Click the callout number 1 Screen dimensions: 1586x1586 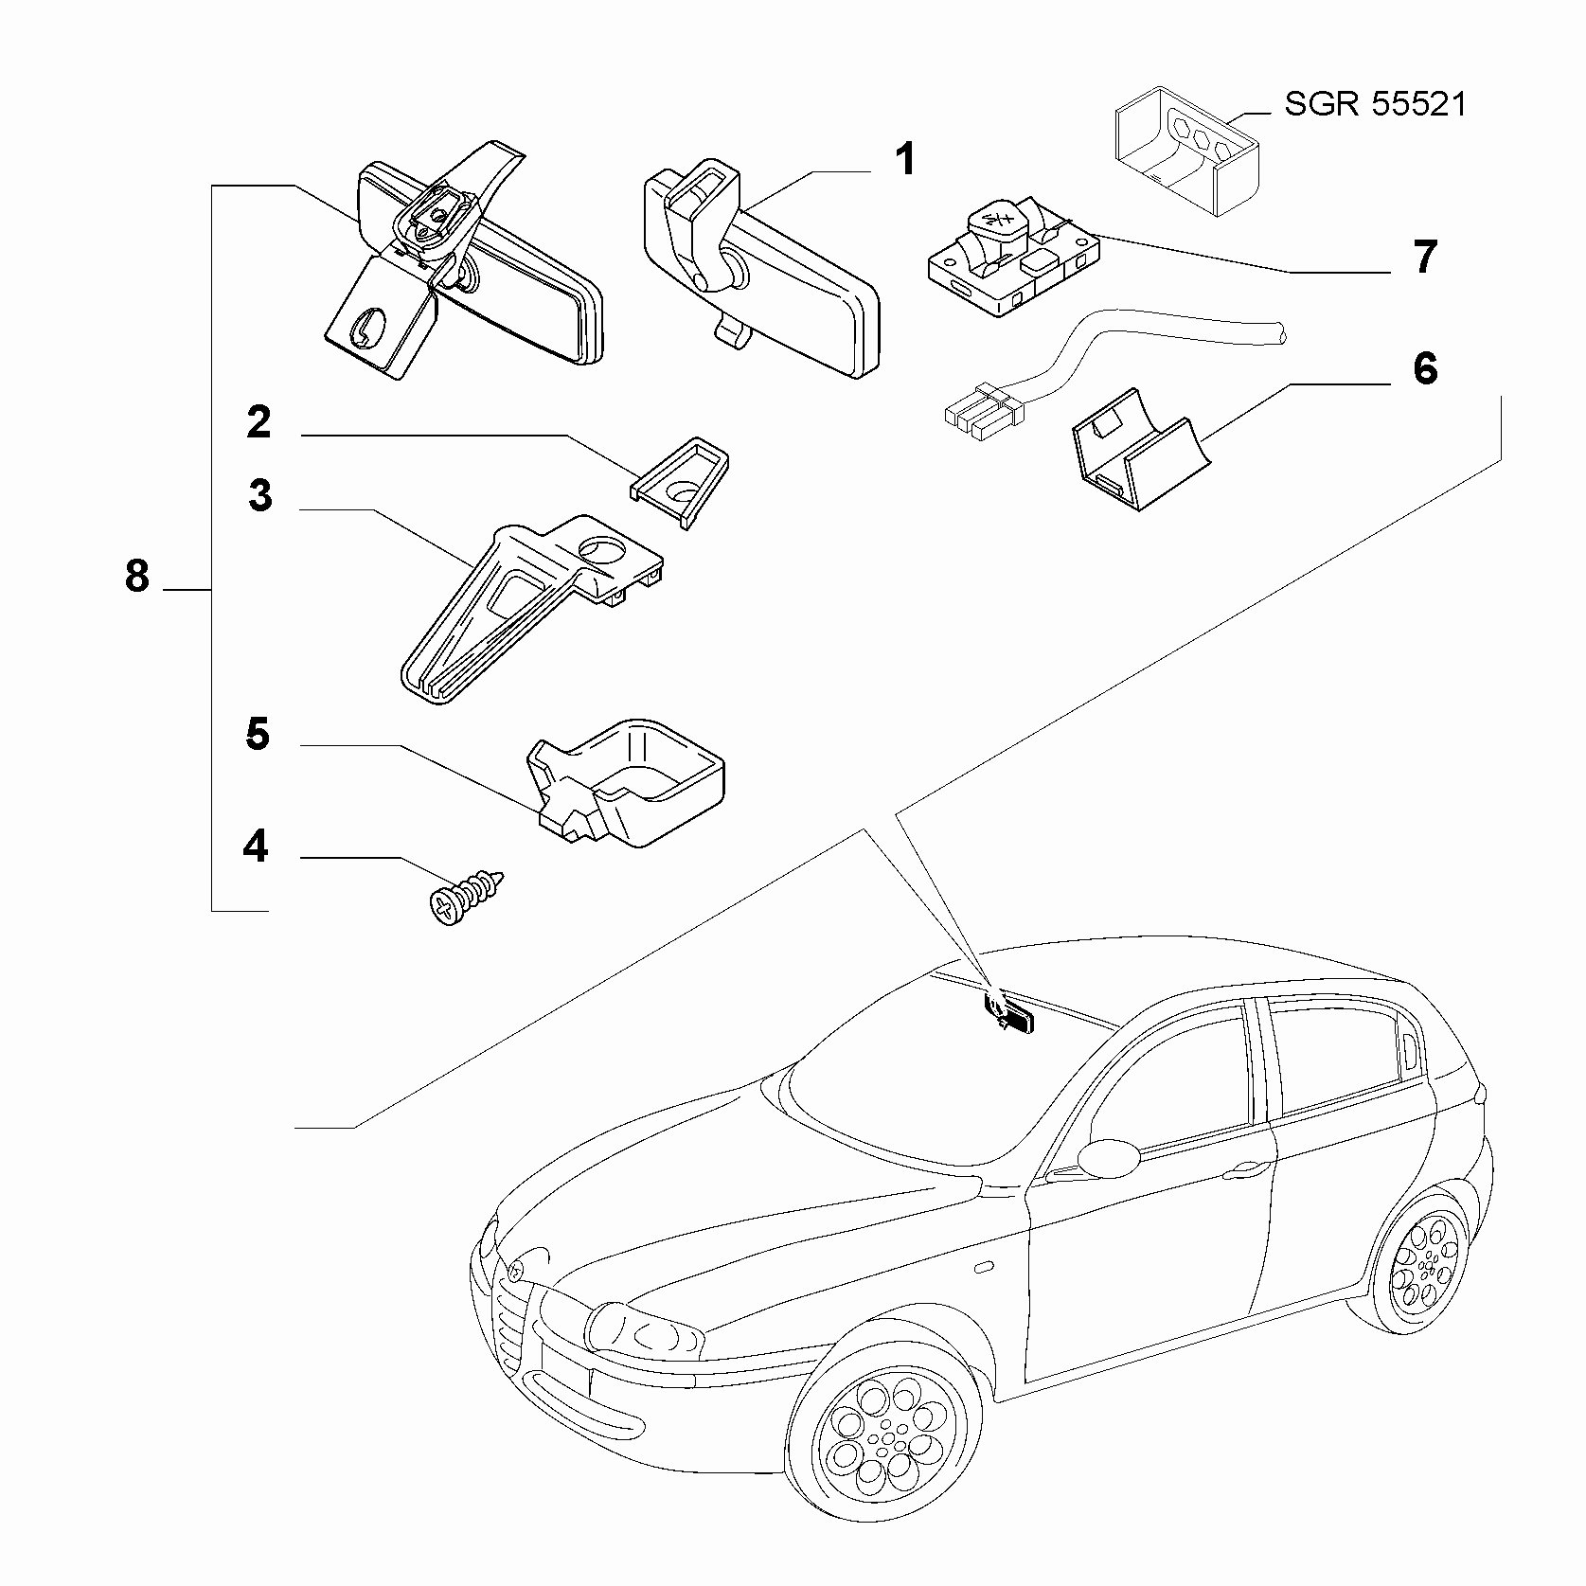906,159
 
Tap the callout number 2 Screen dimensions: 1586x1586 258,422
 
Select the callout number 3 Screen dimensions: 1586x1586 259,496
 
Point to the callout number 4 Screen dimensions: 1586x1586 256,846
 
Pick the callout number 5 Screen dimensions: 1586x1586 258,735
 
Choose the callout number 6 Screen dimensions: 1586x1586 1425,368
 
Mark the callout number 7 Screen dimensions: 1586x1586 1425,258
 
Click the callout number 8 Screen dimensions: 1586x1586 137,575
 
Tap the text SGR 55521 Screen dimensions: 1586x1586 1375,103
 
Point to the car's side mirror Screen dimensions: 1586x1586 1110,1157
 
